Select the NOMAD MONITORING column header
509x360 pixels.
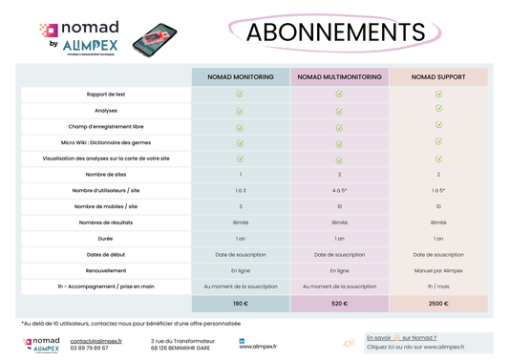coord(241,77)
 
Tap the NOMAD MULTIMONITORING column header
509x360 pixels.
coord(340,77)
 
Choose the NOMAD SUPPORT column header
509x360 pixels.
coord(438,77)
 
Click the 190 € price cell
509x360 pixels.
coord(241,303)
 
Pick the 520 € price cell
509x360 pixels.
coord(340,303)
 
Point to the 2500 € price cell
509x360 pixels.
coord(438,303)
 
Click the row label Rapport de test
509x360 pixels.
coord(107,95)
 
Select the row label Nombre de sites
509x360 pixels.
coord(107,175)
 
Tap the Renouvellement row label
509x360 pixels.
coord(107,270)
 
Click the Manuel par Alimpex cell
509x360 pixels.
coord(438,270)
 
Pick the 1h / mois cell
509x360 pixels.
coord(438,286)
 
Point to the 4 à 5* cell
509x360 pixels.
coord(340,191)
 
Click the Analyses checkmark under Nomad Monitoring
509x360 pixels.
coord(241,111)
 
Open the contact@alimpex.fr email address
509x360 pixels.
coord(95,340)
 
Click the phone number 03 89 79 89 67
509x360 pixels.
coord(90,349)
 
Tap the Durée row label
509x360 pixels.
coord(107,239)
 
